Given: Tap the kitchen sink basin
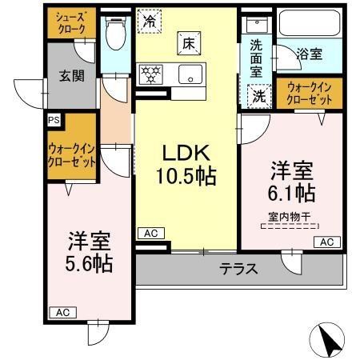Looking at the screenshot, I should point(190,75).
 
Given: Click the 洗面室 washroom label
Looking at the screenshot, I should point(255,58).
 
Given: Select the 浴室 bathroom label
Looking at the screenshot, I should point(310,55).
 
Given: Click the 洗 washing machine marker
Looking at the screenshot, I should point(260,94).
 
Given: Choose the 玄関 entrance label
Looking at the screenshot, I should point(71,78).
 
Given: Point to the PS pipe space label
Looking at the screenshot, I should point(54,120).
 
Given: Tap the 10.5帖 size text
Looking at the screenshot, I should point(189,175).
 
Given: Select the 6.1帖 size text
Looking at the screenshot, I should point(291,192).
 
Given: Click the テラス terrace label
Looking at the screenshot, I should point(239,269).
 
